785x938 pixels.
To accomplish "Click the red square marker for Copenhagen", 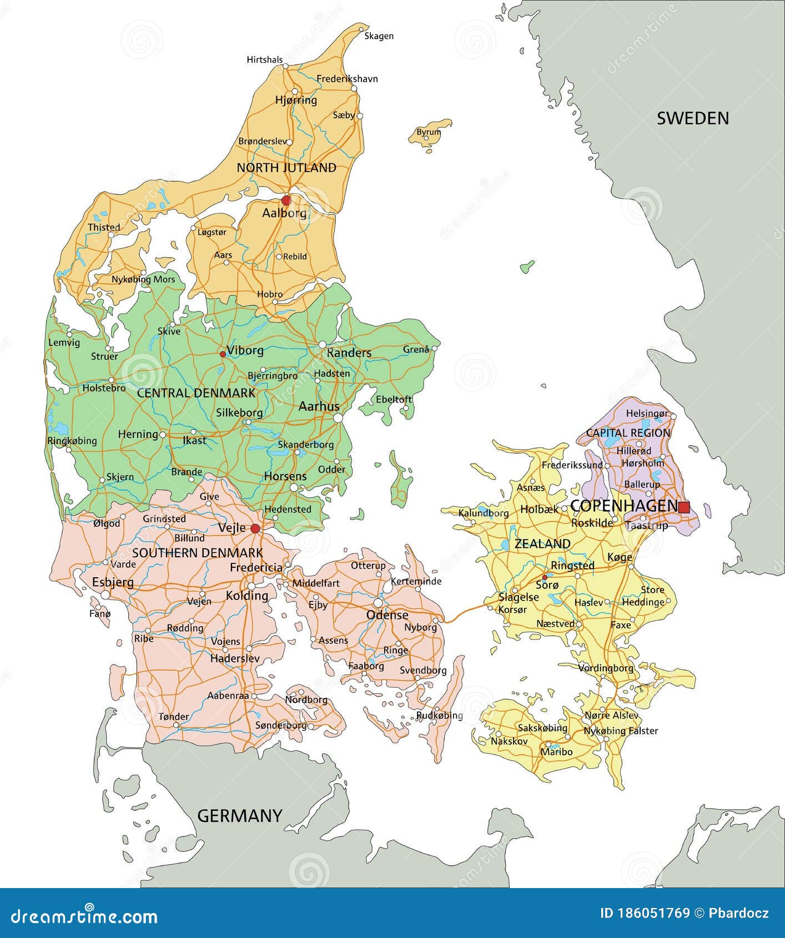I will coord(684,507).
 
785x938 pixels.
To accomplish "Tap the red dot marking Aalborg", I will coord(286,200).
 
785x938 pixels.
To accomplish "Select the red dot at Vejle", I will coord(255,528).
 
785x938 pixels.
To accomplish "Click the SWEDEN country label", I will coord(693,118).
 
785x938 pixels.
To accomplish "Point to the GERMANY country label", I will coord(240,815).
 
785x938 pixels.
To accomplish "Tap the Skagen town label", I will coord(379,36).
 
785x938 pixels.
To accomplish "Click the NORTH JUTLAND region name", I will coord(286,168).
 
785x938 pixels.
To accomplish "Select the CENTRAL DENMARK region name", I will coord(196,393).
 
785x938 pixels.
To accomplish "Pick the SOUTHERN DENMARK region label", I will coord(198,553).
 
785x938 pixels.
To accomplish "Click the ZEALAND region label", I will coord(542,544).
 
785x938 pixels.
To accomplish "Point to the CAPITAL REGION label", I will coord(628,433).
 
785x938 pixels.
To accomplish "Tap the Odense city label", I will coord(387,615).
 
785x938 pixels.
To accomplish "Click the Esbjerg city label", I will coord(113,582).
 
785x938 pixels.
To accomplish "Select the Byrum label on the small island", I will coord(429,132).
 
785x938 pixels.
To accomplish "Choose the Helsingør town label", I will coord(647,413).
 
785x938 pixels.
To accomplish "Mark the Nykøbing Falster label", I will coord(621,731).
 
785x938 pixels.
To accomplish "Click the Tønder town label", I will coord(174,717).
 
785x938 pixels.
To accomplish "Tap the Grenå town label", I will coord(416,350).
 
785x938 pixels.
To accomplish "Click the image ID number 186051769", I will coord(645,913).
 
